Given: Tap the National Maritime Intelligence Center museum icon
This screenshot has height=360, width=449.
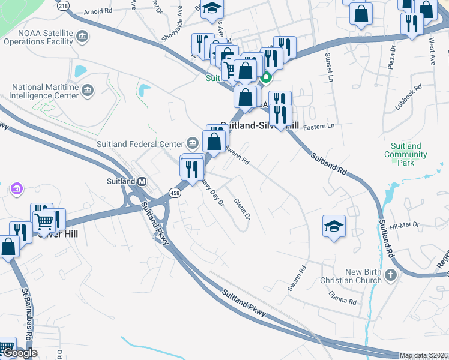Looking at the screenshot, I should click(x=88, y=91).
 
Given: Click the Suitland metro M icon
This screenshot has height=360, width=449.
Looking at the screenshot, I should click(x=142, y=181).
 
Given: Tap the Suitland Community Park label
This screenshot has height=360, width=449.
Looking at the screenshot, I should click(x=406, y=154).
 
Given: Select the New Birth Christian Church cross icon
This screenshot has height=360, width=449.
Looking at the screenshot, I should click(x=391, y=276).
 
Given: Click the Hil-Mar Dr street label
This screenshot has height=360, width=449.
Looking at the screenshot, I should click(x=403, y=226).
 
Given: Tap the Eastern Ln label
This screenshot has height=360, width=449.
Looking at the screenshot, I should click(x=318, y=126).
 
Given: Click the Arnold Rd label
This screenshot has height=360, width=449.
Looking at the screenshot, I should click(x=98, y=11).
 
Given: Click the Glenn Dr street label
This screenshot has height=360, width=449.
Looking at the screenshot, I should click(x=241, y=208).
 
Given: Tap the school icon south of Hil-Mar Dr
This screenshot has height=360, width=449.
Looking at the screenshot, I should click(x=334, y=227).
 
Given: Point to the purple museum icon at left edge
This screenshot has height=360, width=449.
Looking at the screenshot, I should click(x=16, y=190).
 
